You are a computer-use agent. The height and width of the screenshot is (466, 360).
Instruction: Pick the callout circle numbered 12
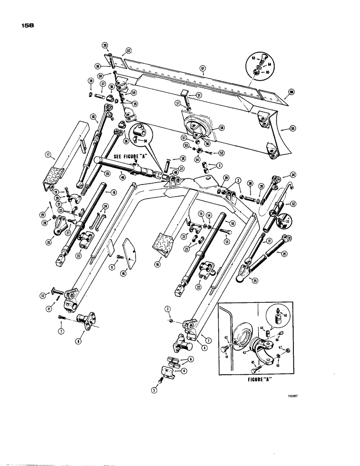[x=43, y=295]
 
